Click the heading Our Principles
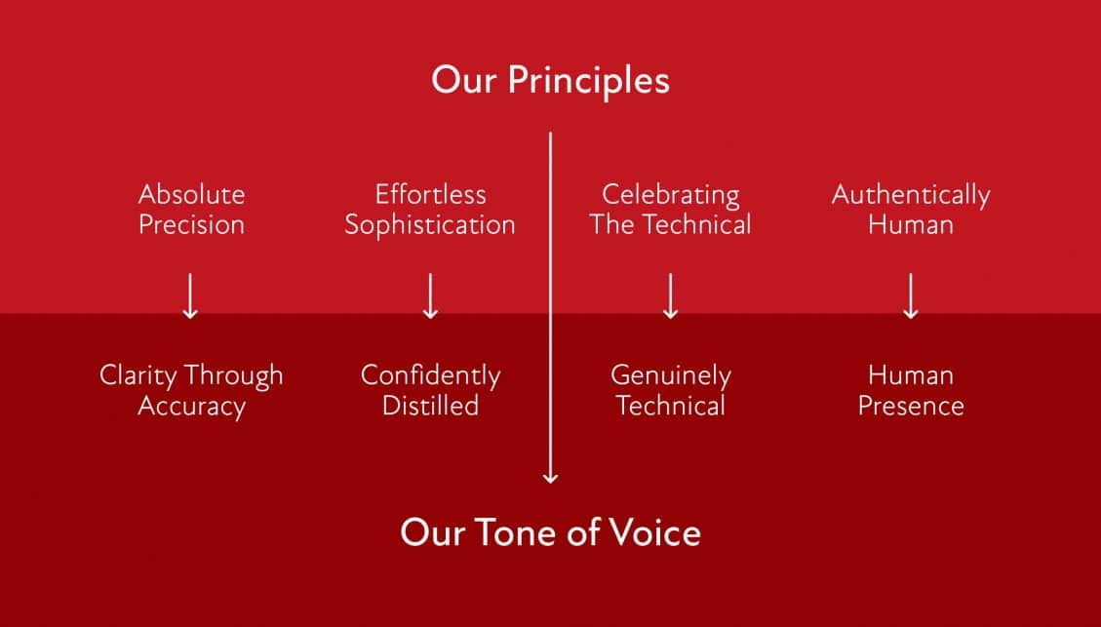550,81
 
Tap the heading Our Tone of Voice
550,532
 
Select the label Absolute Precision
192,210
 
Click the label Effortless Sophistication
430,210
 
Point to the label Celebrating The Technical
671,210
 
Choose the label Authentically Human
911,210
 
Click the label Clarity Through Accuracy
192,391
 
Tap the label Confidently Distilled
430,390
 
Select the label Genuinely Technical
671,390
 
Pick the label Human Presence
911,390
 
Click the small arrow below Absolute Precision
190,296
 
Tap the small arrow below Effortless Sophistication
430,296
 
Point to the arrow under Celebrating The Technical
671,296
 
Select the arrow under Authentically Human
911,296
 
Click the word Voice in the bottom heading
654,532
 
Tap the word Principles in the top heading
588,82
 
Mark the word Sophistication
430,225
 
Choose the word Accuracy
192,408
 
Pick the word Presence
911,406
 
